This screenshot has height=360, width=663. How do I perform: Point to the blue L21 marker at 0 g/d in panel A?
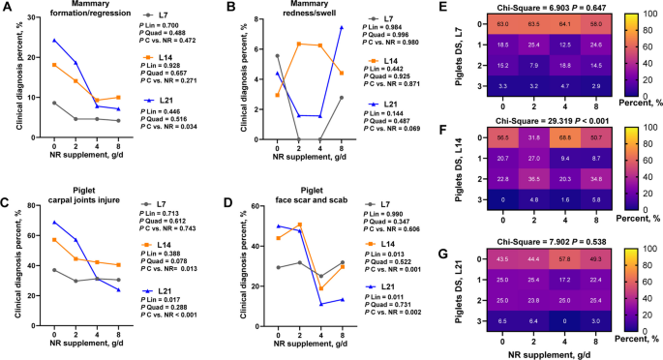[x=54, y=41]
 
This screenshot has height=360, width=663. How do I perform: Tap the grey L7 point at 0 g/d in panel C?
[x=54, y=270]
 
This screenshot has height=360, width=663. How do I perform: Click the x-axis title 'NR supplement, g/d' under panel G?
[x=534, y=353]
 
